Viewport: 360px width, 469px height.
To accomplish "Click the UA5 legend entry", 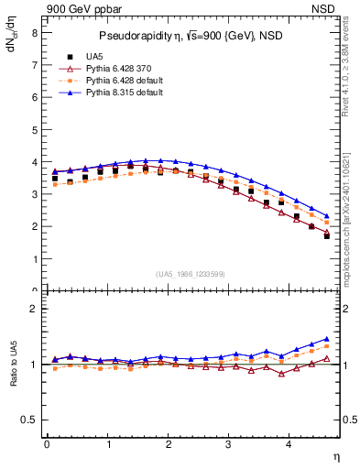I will pyautogui.click(x=94, y=58).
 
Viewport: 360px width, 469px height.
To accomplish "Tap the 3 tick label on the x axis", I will pyautogui.click(x=229, y=444).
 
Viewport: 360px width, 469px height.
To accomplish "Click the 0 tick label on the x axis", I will pyautogui.click(x=47, y=444).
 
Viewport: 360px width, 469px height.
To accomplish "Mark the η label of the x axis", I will pyautogui.click(x=335, y=455).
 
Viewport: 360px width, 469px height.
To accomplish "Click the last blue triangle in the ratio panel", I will pyautogui.click(x=326, y=339).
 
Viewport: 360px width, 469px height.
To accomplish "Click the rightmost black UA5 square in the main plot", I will pyautogui.click(x=326, y=236).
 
